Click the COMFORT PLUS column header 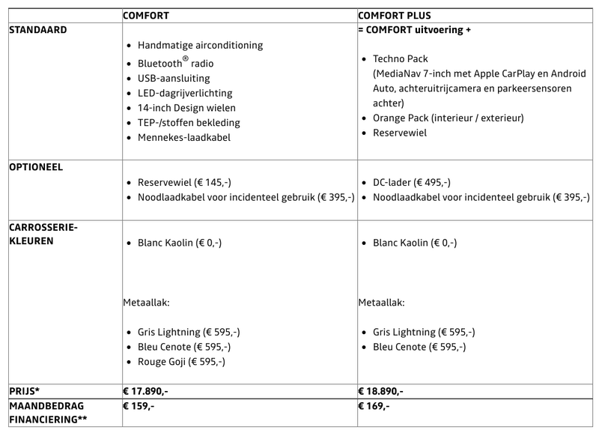click(394, 16)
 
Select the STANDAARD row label click(37, 30)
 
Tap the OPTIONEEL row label click(37, 166)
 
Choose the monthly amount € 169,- click(374, 406)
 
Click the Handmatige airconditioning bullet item click(200, 45)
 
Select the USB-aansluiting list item click(174, 78)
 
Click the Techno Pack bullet click(402, 58)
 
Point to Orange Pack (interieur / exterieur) click(448, 118)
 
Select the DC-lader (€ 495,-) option click(411, 182)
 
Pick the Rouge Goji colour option click(181, 362)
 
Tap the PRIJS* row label click(25, 391)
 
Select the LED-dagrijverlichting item click(185, 93)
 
